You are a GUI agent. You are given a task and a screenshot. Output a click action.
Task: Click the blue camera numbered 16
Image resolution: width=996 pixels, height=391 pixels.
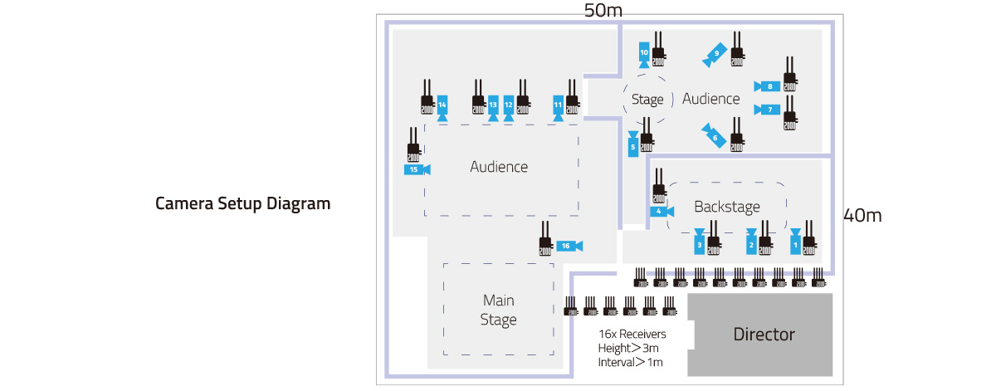point(569,246)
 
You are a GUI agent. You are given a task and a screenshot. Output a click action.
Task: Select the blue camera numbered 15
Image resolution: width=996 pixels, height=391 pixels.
point(416,169)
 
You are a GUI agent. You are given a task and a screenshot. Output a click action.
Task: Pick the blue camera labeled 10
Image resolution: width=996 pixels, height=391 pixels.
point(644,55)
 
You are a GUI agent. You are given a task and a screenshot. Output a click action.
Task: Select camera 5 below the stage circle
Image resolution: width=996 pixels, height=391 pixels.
point(633,145)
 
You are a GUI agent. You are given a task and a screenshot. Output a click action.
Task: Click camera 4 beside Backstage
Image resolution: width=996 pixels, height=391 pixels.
point(661,212)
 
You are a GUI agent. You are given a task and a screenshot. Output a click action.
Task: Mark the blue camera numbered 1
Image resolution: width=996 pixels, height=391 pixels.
point(795,242)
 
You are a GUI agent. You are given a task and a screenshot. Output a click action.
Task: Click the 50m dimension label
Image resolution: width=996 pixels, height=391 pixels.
point(603,11)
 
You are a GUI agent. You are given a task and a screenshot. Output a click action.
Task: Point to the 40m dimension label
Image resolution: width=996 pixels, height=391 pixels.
point(862,216)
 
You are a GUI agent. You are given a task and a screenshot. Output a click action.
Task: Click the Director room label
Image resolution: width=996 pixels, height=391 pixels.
point(764,335)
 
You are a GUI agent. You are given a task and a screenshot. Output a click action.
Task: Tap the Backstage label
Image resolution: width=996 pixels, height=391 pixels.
point(727,207)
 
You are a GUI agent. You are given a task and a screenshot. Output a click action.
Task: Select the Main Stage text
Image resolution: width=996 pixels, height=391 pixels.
point(499,309)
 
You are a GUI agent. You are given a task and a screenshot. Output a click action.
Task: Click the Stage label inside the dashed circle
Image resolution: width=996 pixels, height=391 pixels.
point(647,100)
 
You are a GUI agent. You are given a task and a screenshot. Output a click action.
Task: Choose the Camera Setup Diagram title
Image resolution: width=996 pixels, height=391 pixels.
point(243,203)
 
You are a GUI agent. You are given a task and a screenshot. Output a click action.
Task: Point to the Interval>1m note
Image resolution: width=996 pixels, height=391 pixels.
point(631,363)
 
